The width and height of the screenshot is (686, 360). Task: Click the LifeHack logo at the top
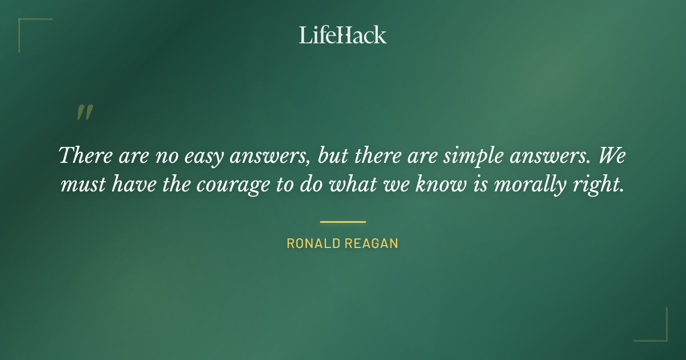[342, 35]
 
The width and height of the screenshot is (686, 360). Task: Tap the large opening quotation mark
[84, 113]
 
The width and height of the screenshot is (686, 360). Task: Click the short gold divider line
[342, 222]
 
